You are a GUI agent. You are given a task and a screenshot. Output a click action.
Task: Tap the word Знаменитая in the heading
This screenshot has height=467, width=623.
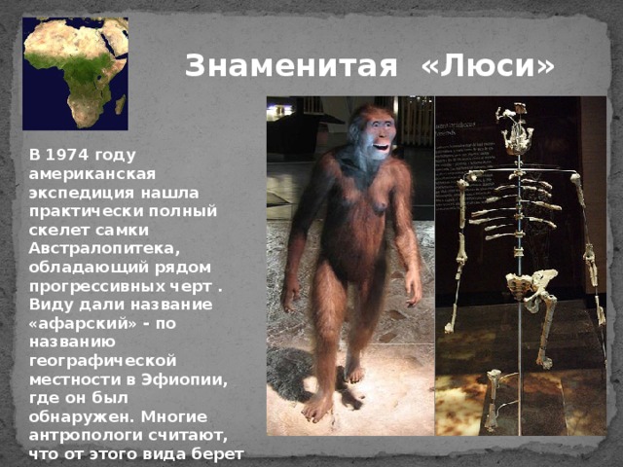291,66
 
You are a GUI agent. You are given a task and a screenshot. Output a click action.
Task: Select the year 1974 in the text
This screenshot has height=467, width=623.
84,155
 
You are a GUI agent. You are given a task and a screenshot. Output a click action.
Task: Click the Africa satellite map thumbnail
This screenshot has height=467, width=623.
75,73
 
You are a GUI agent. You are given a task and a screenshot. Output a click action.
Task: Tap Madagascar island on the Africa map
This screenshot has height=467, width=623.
120,103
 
